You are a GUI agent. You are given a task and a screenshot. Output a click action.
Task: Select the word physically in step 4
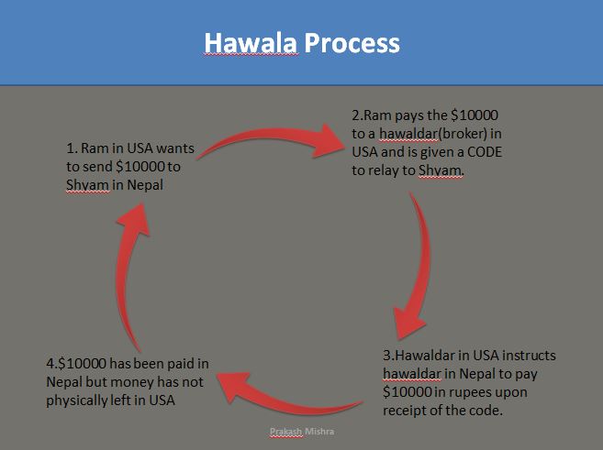[x=82, y=400]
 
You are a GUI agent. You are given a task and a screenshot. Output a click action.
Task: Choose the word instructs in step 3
[x=524, y=356]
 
